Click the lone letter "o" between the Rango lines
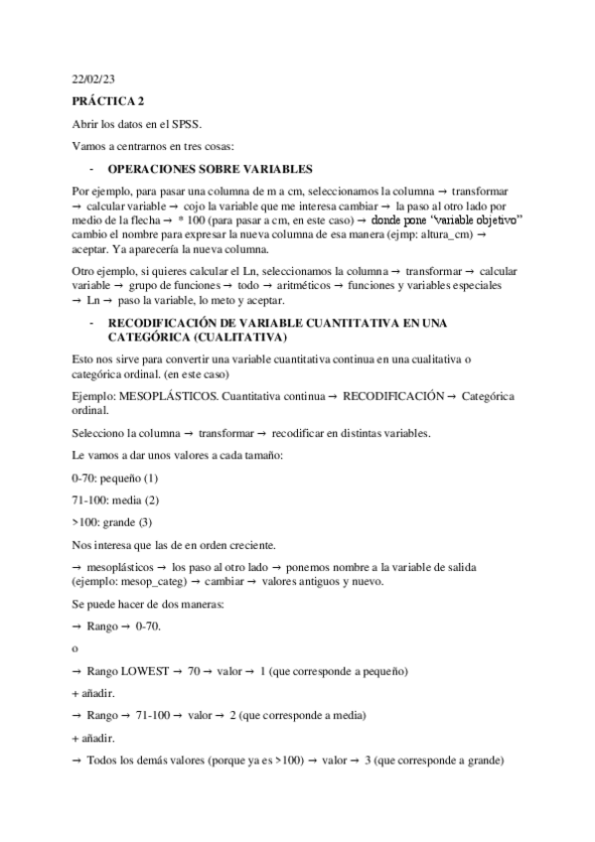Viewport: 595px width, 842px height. click(x=75, y=649)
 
